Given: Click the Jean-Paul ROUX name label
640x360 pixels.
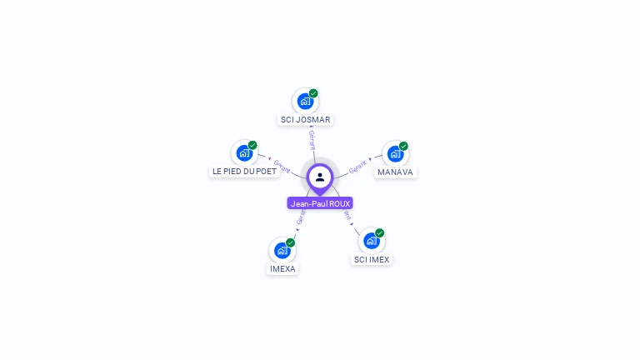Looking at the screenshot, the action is [320, 203].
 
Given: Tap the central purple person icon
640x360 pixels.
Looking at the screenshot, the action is [320, 177].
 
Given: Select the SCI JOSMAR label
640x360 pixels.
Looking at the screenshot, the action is [305, 119].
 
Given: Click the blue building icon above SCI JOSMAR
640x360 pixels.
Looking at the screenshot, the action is [305, 101].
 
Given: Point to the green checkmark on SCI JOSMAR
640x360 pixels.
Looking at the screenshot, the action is [313, 93].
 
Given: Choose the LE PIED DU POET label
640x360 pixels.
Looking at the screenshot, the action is [244, 171].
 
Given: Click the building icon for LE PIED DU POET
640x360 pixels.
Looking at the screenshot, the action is [244, 152].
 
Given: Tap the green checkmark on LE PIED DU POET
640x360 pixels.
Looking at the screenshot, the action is [252, 145].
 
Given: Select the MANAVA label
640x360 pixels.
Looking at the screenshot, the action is [395, 172].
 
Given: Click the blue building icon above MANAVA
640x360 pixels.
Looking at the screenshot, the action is [395, 153].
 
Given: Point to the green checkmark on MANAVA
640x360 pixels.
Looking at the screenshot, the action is [403, 146].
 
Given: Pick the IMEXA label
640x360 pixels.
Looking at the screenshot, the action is [282, 269].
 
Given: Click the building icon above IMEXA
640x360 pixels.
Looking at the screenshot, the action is [282, 250].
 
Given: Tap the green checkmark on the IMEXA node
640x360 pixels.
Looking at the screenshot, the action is [291, 242].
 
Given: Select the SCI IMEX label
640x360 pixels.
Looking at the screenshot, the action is [372, 259].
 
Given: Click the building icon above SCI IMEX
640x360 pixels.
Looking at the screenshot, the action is [372, 240].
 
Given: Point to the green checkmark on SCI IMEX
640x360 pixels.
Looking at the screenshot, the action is [380, 232].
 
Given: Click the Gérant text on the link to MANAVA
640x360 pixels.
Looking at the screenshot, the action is [358, 166].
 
